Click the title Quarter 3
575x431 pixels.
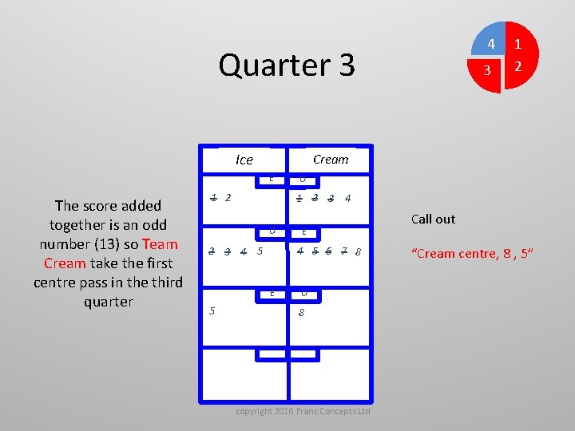tap(286, 65)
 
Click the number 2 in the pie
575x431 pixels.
tap(518, 67)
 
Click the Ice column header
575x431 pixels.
tap(244, 160)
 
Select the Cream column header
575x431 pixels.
tap(331, 160)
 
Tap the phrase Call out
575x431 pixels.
tap(433, 219)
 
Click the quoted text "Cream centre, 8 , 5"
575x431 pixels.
tap(477, 254)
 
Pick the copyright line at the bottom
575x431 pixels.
tap(303, 411)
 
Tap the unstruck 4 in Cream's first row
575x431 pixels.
tap(347, 198)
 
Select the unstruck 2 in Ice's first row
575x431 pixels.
tap(228, 197)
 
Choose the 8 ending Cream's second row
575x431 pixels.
tap(359, 252)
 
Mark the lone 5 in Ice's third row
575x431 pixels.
tap(212, 311)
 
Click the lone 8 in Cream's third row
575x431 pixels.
tap(301, 313)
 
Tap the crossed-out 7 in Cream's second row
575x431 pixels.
tap(343, 251)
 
